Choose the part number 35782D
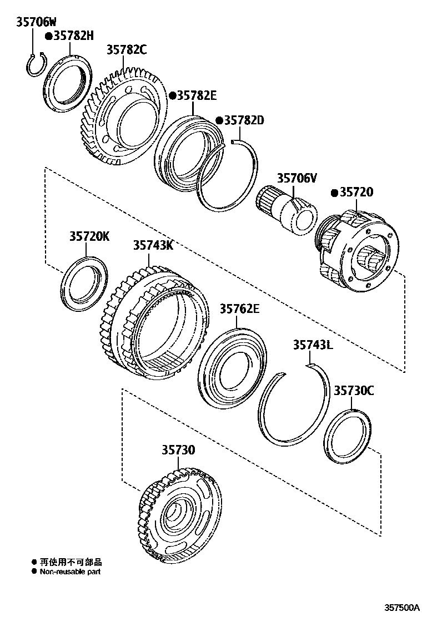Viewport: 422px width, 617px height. pyautogui.click(x=244, y=120)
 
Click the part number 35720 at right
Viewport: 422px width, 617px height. pyautogui.click(x=356, y=193)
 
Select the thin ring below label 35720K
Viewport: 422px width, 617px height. pyautogui.click(x=83, y=283)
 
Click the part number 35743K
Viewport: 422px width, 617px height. pyautogui.click(x=153, y=245)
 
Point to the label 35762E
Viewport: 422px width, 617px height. pyautogui.click(x=239, y=308)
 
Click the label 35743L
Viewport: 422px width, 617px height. pyautogui.click(x=313, y=346)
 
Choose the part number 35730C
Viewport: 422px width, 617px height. pyautogui.click(x=354, y=391)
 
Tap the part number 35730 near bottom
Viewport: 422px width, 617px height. pyautogui.click(x=178, y=450)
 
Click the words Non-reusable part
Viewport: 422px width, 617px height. pyautogui.click(x=70, y=571)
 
